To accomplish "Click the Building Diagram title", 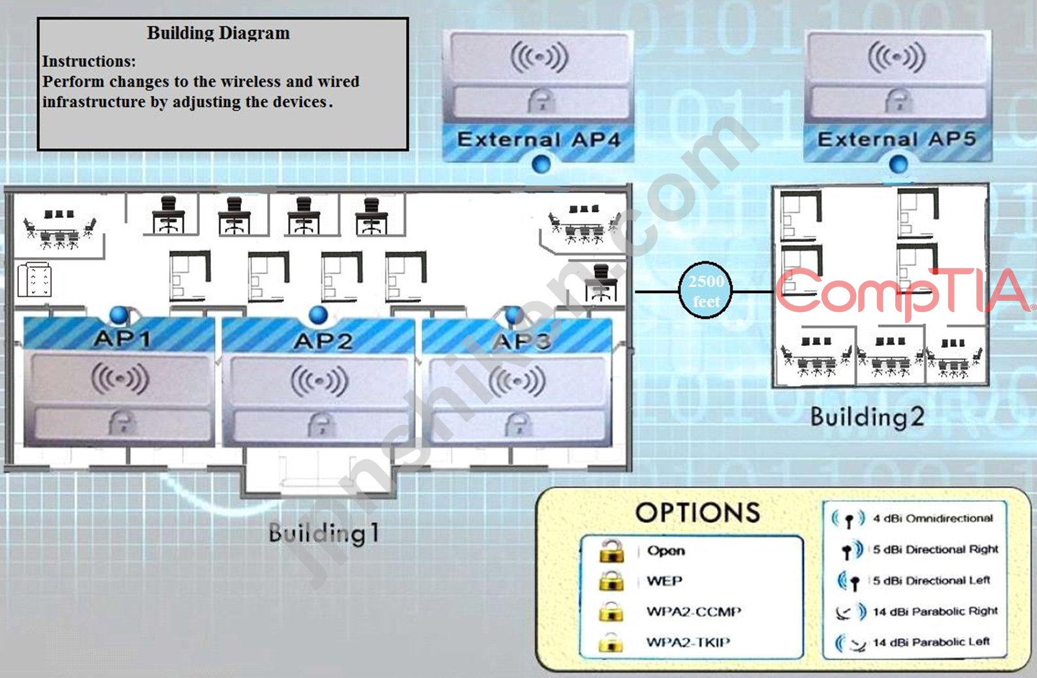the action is (x=219, y=33).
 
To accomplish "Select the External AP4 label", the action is (x=539, y=140).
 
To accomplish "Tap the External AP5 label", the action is (x=897, y=139).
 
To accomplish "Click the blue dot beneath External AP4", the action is (x=541, y=164).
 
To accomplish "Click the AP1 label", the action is (x=122, y=339).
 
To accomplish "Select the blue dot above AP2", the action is (x=318, y=315).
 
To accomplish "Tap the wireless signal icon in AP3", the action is (x=517, y=381).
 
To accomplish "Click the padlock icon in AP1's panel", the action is (x=123, y=422).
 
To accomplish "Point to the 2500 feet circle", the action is (x=705, y=290).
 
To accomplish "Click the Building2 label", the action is (x=867, y=417).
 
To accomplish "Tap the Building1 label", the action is (x=324, y=533).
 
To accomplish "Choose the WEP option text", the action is (x=664, y=581).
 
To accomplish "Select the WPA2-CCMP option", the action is (x=694, y=612).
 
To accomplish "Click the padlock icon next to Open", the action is (x=611, y=550).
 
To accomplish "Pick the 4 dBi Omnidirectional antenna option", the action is (x=933, y=518).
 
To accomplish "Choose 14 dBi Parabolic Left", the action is (x=931, y=642).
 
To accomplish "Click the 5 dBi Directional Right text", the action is (x=935, y=549).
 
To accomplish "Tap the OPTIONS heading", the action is (x=697, y=512).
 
